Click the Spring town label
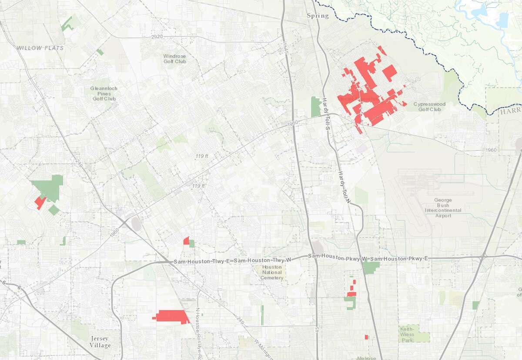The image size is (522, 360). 318,16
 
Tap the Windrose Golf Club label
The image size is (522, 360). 174,59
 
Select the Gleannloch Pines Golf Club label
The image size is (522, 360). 104,93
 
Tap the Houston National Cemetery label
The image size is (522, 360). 272,273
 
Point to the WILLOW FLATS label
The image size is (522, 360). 40,48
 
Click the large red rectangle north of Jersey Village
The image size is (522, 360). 172,317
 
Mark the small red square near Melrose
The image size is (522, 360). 367,337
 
